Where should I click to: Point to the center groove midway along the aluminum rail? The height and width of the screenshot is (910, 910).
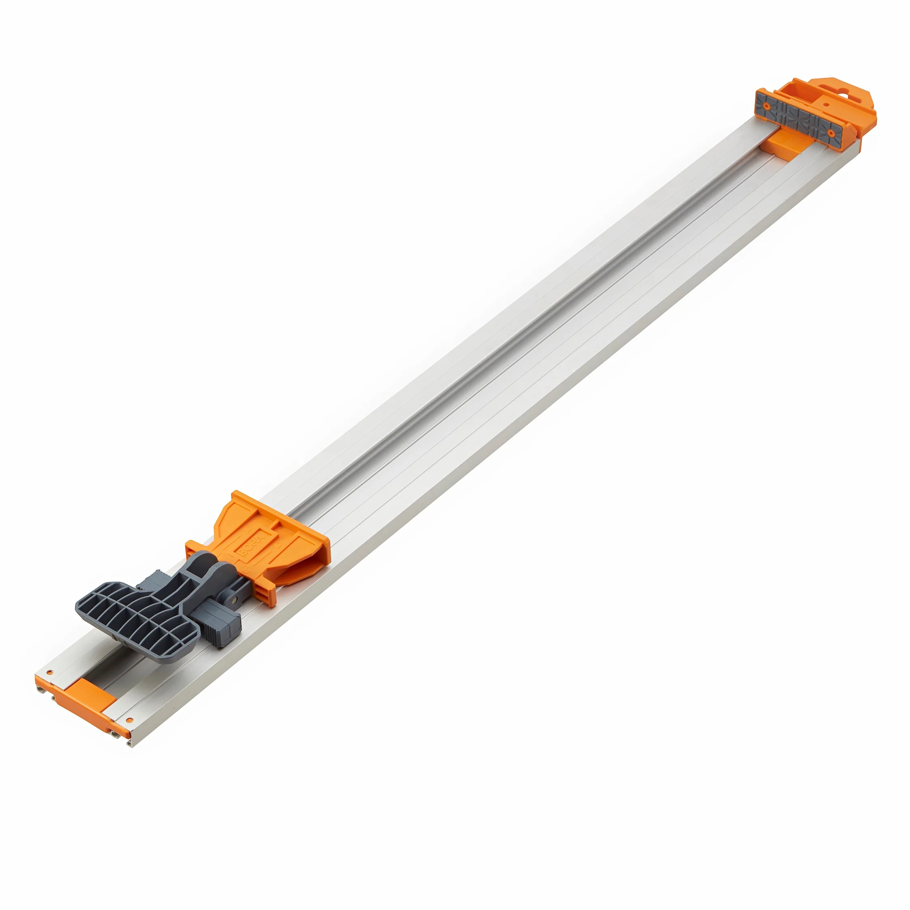coord(518,358)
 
